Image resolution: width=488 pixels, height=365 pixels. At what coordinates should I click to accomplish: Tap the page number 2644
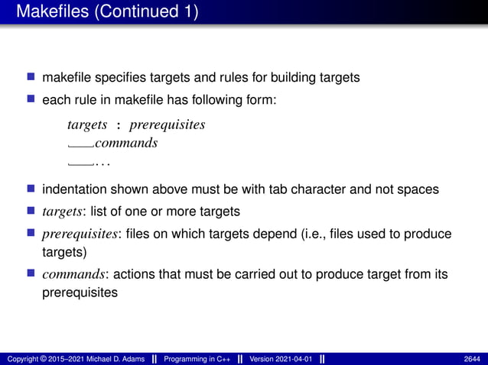tap(473, 359)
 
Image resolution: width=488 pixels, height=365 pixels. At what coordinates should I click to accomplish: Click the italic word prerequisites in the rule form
tap(168, 124)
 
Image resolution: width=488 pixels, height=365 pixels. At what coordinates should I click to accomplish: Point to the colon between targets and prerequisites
tap(119, 125)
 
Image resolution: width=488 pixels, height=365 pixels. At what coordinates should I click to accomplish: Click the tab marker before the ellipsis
tap(80, 163)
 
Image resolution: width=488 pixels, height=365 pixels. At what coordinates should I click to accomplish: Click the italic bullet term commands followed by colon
tap(72, 273)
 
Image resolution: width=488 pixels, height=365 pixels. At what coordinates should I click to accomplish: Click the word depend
tap(302, 234)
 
